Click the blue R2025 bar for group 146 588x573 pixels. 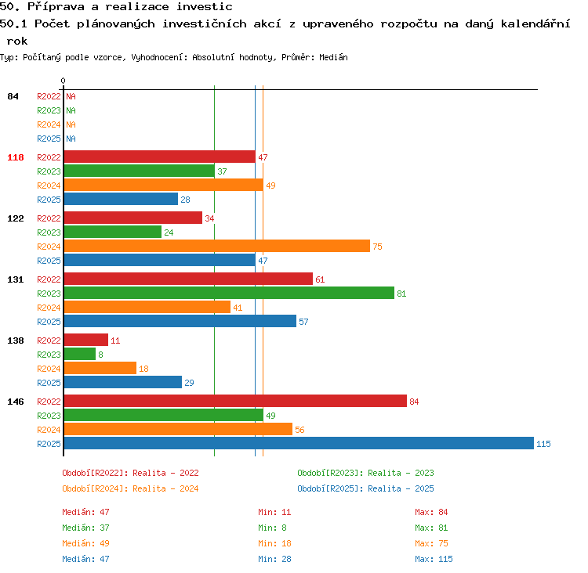click(x=299, y=443)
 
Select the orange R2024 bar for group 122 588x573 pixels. click(x=216, y=246)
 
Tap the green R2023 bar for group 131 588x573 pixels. click(x=229, y=293)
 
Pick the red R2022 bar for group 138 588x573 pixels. click(x=86, y=340)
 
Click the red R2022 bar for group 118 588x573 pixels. click(x=160, y=157)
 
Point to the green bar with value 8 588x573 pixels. click(x=80, y=354)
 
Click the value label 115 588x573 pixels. click(x=543, y=444)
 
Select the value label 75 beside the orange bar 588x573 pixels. click(x=377, y=247)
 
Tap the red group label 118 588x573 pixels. click(x=16, y=157)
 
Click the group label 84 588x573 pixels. click(x=13, y=96)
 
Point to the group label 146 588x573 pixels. click(x=16, y=402)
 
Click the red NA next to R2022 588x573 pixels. click(x=71, y=96)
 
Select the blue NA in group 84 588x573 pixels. click(x=71, y=139)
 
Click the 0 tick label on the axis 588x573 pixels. click(x=63, y=81)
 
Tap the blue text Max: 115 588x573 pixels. click(x=434, y=559)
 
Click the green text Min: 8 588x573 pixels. click(x=272, y=528)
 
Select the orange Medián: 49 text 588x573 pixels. click(x=86, y=543)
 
